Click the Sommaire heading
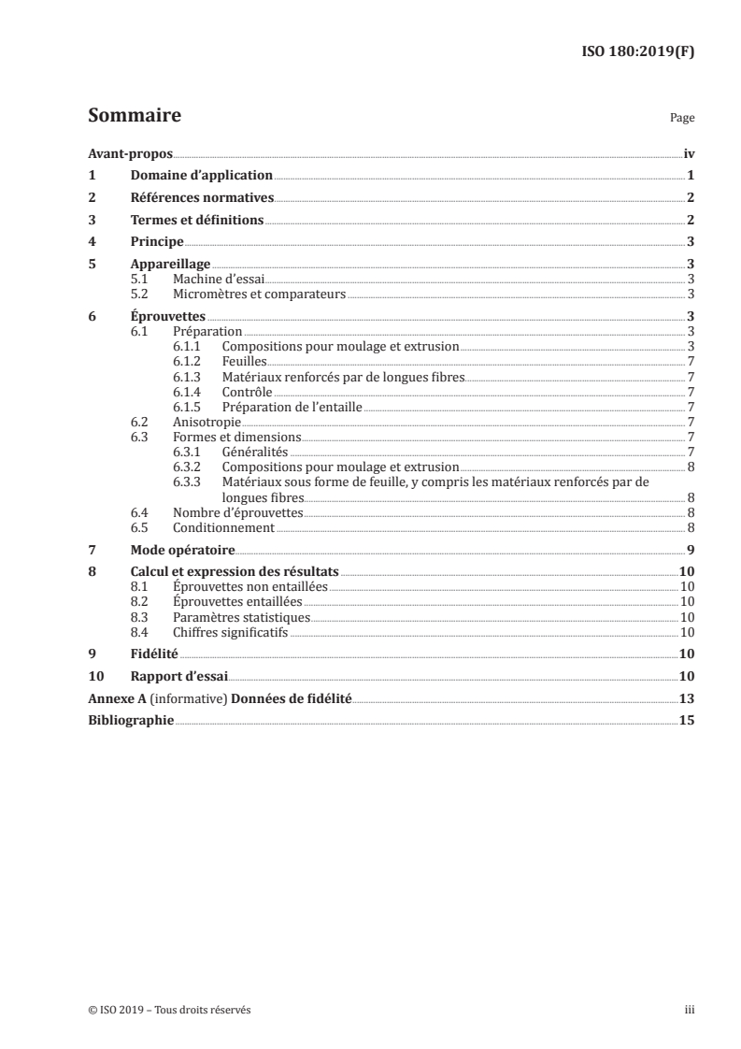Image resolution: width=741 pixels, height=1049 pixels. (134, 117)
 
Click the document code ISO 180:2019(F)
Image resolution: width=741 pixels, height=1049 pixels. (638, 51)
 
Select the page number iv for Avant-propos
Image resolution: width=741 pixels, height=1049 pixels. (689, 153)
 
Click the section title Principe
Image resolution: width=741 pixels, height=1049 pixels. (157, 242)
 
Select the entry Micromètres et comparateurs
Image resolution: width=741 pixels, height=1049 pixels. (259, 294)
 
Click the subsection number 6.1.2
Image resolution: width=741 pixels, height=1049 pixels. (187, 361)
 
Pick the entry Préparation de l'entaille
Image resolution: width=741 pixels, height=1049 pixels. (292, 407)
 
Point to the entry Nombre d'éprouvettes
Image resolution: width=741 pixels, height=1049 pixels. (238, 512)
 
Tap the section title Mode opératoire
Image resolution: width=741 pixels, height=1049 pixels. (182, 550)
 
